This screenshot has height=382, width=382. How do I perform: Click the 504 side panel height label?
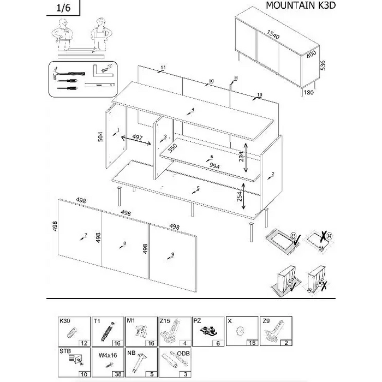pyautogui.click(x=100, y=136)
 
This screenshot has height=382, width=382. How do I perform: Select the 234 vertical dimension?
pyautogui.click(x=240, y=156)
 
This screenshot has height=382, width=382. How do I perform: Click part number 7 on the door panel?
pyautogui.click(x=85, y=235)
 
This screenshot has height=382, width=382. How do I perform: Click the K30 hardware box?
pyautogui.click(x=75, y=331)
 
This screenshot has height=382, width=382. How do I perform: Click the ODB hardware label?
pyautogui.click(x=183, y=354)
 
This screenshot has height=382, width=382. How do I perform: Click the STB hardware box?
pyautogui.click(x=75, y=362)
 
